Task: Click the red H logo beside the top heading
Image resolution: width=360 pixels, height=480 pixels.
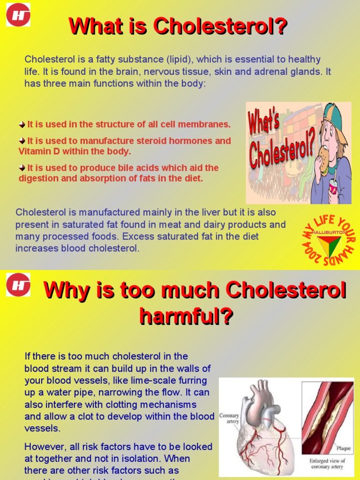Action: tap(18, 15)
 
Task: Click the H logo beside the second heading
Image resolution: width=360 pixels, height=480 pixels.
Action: tap(18, 285)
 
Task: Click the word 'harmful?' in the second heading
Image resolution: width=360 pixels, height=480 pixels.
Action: tap(186, 316)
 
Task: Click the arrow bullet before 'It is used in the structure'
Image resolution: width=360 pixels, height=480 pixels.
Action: tap(22, 125)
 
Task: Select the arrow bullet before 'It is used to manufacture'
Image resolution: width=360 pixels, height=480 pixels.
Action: tap(22, 141)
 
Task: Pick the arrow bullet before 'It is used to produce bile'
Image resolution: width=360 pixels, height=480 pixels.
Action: tap(22, 168)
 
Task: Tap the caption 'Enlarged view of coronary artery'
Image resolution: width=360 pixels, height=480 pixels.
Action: tap(327, 464)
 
